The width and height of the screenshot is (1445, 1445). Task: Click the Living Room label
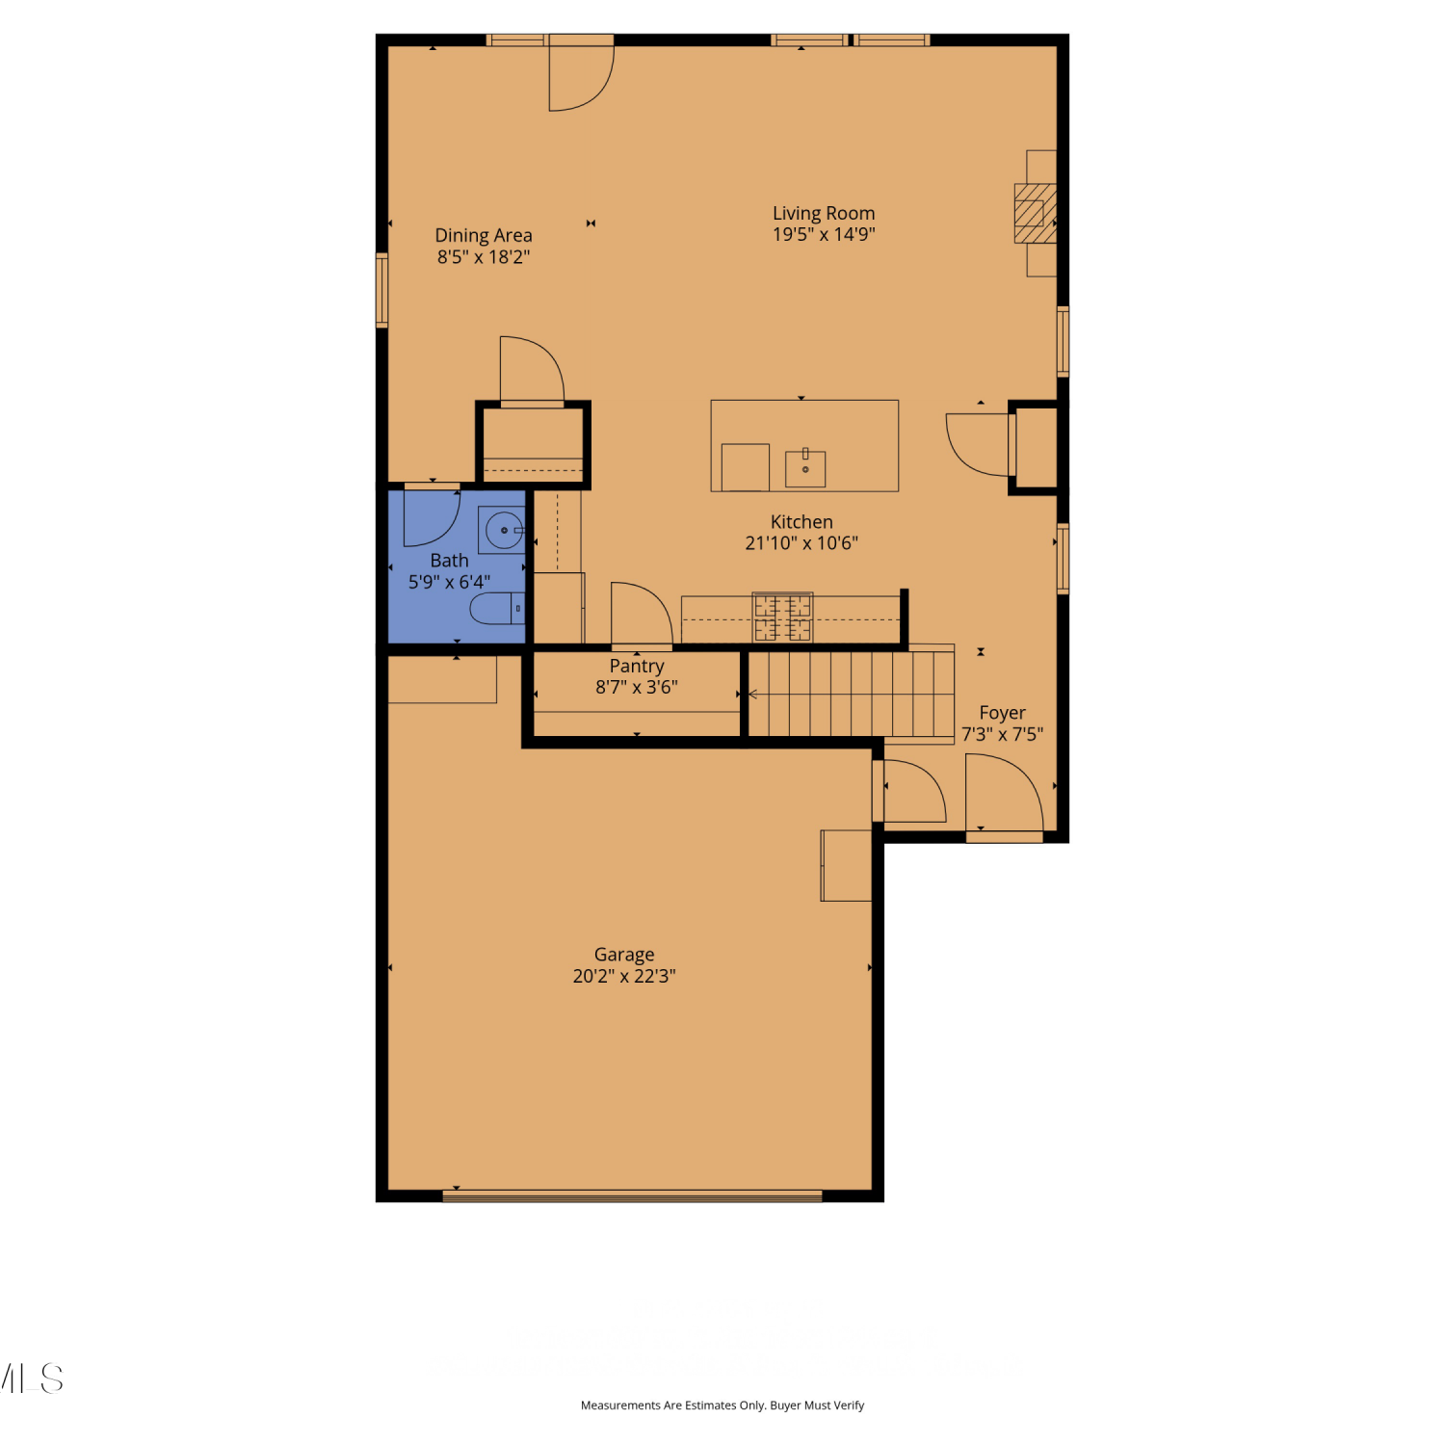tap(824, 213)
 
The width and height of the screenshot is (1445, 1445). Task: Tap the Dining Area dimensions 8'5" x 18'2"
tap(484, 257)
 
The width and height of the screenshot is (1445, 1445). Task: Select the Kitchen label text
tap(801, 522)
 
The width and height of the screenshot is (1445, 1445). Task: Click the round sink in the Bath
tap(504, 530)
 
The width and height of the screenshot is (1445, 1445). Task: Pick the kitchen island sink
tap(805, 468)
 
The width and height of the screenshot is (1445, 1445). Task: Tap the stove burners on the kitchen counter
tap(782, 617)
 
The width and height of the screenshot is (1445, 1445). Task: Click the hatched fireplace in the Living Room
tap(1036, 213)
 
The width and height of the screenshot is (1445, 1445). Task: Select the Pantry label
tap(637, 666)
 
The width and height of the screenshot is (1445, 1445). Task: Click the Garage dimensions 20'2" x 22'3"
tap(624, 976)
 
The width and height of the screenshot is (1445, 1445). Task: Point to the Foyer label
tap(1002, 713)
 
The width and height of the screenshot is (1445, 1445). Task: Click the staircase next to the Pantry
tap(852, 694)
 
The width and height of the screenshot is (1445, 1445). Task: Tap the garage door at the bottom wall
tap(632, 1196)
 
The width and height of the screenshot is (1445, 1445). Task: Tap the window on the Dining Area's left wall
tap(382, 290)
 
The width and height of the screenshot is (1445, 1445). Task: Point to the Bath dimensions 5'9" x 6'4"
tap(449, 582)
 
